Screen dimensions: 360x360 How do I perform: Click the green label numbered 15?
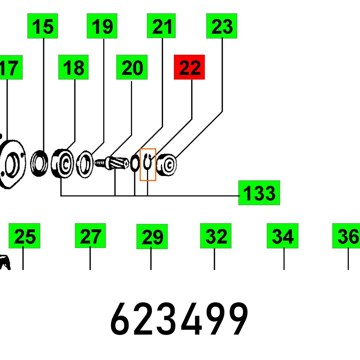(x=42, y=26)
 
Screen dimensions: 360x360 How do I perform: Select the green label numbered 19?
(x=102, y=26)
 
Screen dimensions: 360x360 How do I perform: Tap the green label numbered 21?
(x=161, y=26)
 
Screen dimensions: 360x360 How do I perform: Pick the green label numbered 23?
(x=221, y=26)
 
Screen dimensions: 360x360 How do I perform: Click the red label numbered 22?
(x=189, y=67)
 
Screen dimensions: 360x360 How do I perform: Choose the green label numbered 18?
(x=73, y=67)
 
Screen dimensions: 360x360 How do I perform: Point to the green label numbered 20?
(x=132, y=67)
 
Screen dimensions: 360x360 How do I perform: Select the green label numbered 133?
(x=259, y=193)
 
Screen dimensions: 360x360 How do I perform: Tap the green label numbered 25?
(x=24, y=236)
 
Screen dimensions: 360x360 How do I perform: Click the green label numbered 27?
(x=90, y=236)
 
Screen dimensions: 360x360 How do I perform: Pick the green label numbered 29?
(x=152, y=237)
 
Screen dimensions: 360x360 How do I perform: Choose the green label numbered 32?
(x=216, y=236)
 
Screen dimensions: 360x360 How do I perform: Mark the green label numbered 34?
(x=282, y=236)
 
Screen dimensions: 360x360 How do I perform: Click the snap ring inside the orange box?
(x=148, y=164)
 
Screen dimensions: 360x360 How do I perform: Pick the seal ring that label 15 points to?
(x=39, y=164)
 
